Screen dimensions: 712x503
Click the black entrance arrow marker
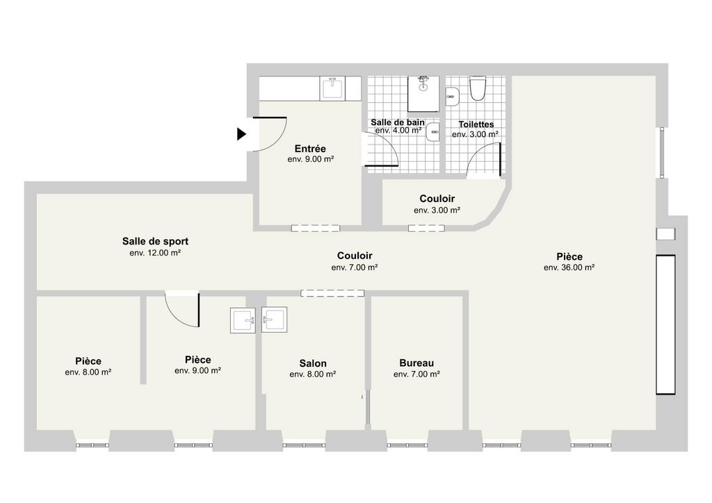pyautogui.click(x=241, y=134)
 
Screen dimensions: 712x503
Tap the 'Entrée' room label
pyautogui.click(x=310, y=149)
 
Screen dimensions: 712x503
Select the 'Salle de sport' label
pyautogui.click(x=155, y=241)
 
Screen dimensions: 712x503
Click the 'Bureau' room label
pyautogui.click(x=416, y=363)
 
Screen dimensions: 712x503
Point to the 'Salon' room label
pyautogui.click(x=313, y=363)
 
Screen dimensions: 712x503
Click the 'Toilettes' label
pyautogui.click(x=476, y=124)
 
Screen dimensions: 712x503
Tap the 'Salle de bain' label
pyautogui.click(x=398, y=122)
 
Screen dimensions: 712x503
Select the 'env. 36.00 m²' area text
pyautogui.click(x=569, y=267)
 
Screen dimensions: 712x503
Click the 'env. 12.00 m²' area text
pyautogui.click(x=155, y=253)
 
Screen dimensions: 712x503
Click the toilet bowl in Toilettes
pyautogui.click(x=478, y=88)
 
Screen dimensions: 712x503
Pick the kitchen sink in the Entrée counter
pyautogui.click(x=333, y=88)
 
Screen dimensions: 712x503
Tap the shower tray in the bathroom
pyautogui.click(x=423, y=93)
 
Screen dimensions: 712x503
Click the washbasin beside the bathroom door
pyautogui.click(x=432, y=132)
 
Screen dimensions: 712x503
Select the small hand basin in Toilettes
pyautogui.click(x=452, y=97)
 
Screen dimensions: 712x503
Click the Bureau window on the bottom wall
pyautogui.click(x=407, y=445)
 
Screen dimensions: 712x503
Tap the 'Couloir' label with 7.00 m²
pyautogui.click(x=355, y=256)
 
